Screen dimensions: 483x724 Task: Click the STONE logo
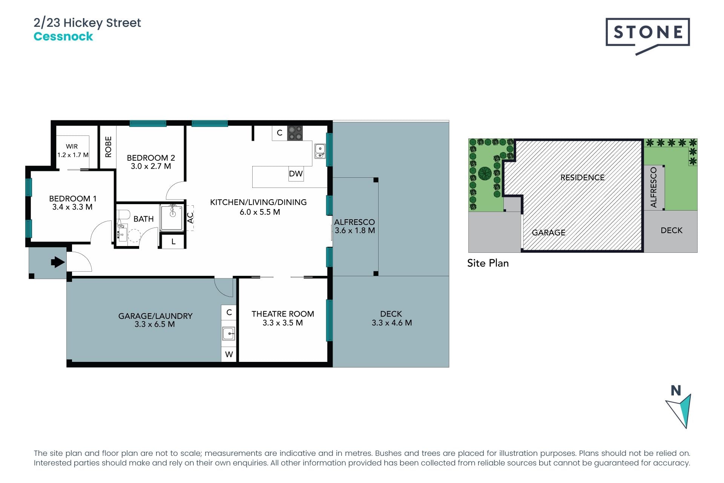pos(647,33)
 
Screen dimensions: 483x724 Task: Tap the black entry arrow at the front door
pos(57,262)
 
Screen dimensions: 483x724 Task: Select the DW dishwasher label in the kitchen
pos(296,174)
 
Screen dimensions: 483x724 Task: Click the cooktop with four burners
pos(295,133)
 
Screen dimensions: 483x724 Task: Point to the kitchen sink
pos(320,151)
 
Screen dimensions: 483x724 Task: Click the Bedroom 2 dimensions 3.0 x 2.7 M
pos(151,166)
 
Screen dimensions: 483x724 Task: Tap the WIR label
pos(72,146)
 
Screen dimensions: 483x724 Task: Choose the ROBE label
pos(108,147)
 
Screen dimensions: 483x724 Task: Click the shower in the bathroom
pos(172,217)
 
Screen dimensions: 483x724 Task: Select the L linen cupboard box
pos(173,241)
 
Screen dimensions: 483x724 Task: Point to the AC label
pos(190,218)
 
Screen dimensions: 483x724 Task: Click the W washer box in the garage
pos(229,354)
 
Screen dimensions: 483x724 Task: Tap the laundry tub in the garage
pos(229,334)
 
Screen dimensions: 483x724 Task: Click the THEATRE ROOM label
pos(283,314)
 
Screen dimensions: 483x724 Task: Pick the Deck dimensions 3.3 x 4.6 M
pos(391,323)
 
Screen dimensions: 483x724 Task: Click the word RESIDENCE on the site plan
pos(582,178)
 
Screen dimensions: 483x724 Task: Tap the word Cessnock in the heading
pos(63,37)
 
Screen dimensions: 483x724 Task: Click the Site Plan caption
pos(488,263)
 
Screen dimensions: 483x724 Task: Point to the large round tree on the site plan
pos(485,174)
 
